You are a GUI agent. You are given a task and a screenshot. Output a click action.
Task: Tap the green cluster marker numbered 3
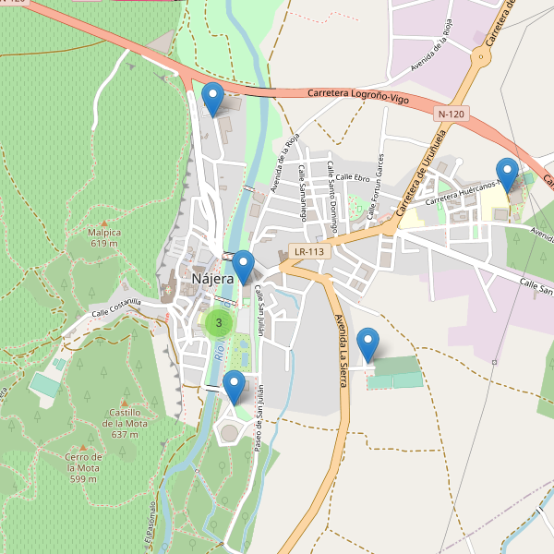coord(219,322)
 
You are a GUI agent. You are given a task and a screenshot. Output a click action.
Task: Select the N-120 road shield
coord(452,114)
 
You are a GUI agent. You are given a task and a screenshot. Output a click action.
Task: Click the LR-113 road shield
coord(307,251)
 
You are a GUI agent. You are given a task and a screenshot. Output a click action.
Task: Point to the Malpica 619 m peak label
coord(104,238)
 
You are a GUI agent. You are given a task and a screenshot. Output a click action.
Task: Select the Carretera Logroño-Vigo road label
coord(358,96)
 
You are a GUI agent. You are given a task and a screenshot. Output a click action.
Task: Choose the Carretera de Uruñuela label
coord(421,175)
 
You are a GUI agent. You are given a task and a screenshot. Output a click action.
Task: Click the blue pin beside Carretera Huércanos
coord(507,173)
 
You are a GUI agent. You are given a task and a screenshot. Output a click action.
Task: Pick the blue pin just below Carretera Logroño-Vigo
coord(213,97)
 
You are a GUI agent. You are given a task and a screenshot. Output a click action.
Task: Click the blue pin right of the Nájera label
coord(244,265)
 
